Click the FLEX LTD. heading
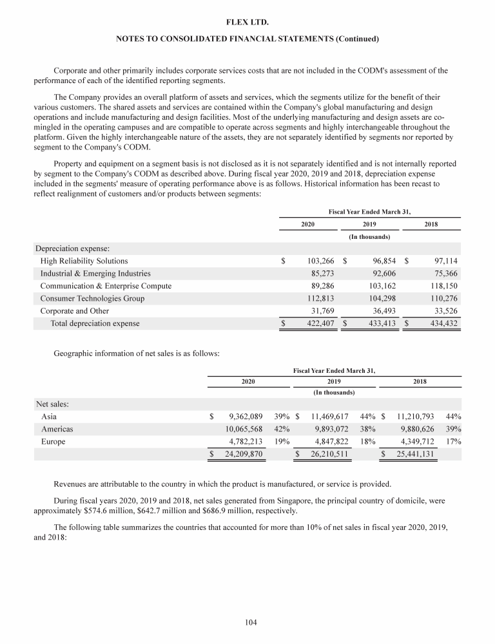click(x=247, y=23)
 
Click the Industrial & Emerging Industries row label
click(x=95, y=274)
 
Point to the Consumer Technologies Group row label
click(x=92, y=298)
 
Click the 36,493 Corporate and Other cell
click(x=381, y=311)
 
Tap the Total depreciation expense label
click(x=95, y=323)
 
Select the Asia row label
click(x=48, y=417)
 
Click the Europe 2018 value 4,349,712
click(x=416, y=442)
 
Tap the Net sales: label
click(x=52, y=404)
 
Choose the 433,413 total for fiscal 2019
click(x=381, y=323)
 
